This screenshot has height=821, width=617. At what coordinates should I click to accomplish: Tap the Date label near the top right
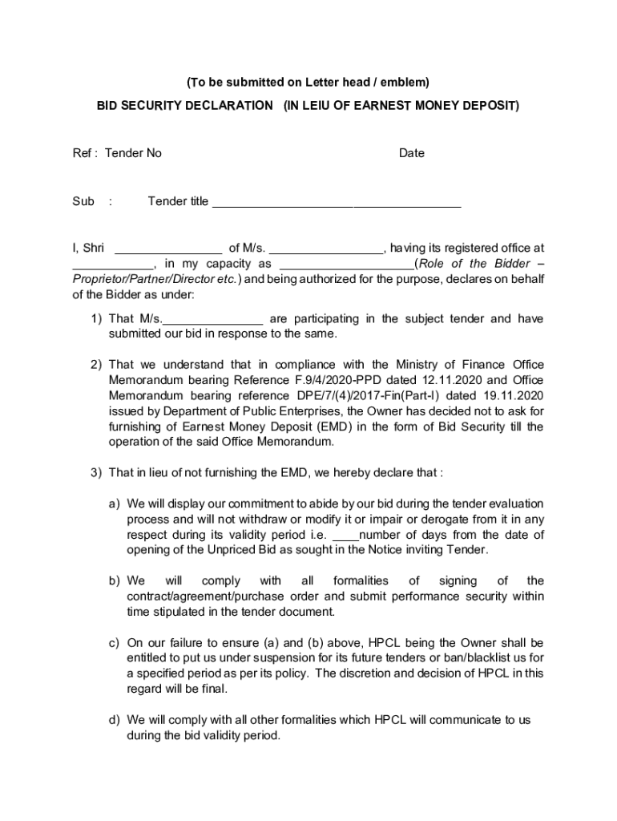click(x=412, y=153)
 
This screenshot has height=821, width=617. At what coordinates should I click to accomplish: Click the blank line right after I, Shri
click(x=168, y=249)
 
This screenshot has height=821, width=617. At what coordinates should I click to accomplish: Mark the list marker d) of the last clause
click(x=115, y=720)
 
